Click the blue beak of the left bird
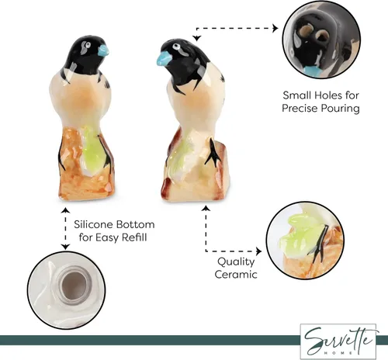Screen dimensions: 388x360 103,50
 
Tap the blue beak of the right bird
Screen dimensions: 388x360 163,58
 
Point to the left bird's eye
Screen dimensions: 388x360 88,44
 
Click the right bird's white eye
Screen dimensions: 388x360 177,47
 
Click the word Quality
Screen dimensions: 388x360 236,261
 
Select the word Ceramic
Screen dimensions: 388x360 236,275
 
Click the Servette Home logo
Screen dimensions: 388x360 338,341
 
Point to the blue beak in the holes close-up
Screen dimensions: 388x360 313,71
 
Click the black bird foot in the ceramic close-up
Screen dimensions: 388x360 320,243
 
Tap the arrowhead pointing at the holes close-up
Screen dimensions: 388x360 275,28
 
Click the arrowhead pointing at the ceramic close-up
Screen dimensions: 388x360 258,251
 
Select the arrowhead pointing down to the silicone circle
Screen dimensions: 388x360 65,247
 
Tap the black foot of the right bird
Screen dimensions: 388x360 213,153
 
